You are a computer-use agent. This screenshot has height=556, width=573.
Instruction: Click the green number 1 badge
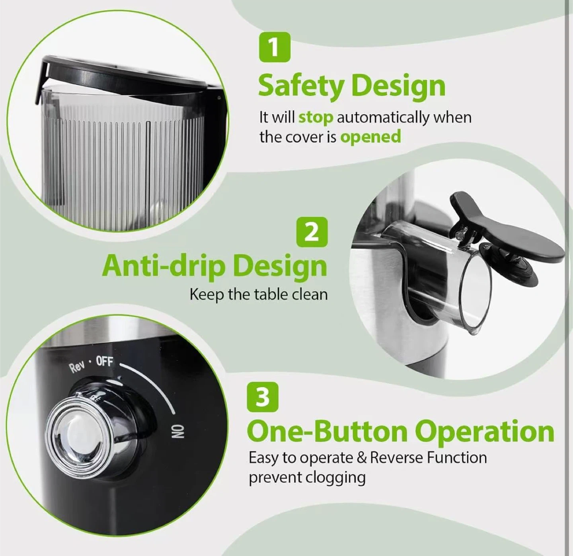click(275, 47)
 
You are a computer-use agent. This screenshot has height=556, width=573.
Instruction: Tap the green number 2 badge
click(312, 232)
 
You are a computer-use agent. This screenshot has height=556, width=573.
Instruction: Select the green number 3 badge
click(263, 397)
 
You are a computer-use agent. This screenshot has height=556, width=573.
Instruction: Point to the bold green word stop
click(316, 117)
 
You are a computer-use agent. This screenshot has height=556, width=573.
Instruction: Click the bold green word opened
click(370, 137)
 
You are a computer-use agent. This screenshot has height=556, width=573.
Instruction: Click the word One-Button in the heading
click(327, 432)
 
